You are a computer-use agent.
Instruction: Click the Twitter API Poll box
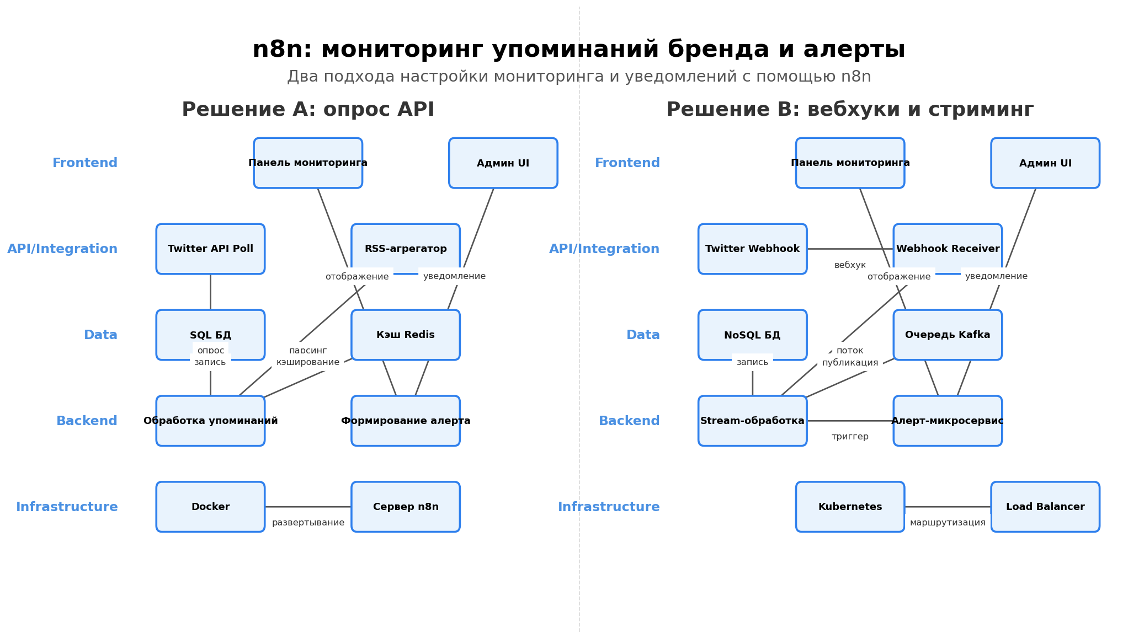point(210,249)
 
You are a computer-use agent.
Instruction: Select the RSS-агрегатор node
point(406,249)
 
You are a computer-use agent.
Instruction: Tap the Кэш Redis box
point(406,335)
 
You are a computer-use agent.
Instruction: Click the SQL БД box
point(210,335)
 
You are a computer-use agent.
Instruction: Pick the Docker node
point(210,507)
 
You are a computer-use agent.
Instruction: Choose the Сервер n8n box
point(406,507)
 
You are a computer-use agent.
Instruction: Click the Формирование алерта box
point(406,421)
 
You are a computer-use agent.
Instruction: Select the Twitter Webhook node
point(752,249)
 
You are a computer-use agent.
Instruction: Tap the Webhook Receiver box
point(948,249)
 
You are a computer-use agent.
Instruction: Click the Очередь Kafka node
point(948,335)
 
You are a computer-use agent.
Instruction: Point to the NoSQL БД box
point(752,335)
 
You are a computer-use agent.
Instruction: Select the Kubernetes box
point(850,507)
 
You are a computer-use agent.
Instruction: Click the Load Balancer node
point(1045,507)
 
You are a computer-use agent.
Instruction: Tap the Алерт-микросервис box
point(948,421)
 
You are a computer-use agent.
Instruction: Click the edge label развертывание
point(308,523)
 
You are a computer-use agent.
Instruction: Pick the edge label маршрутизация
point(948,523)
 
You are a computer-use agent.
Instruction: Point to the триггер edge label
point(850,437)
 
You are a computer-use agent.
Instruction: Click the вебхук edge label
point(850,265)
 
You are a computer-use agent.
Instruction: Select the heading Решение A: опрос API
point(308,110)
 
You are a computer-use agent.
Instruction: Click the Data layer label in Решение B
point(643,335)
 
